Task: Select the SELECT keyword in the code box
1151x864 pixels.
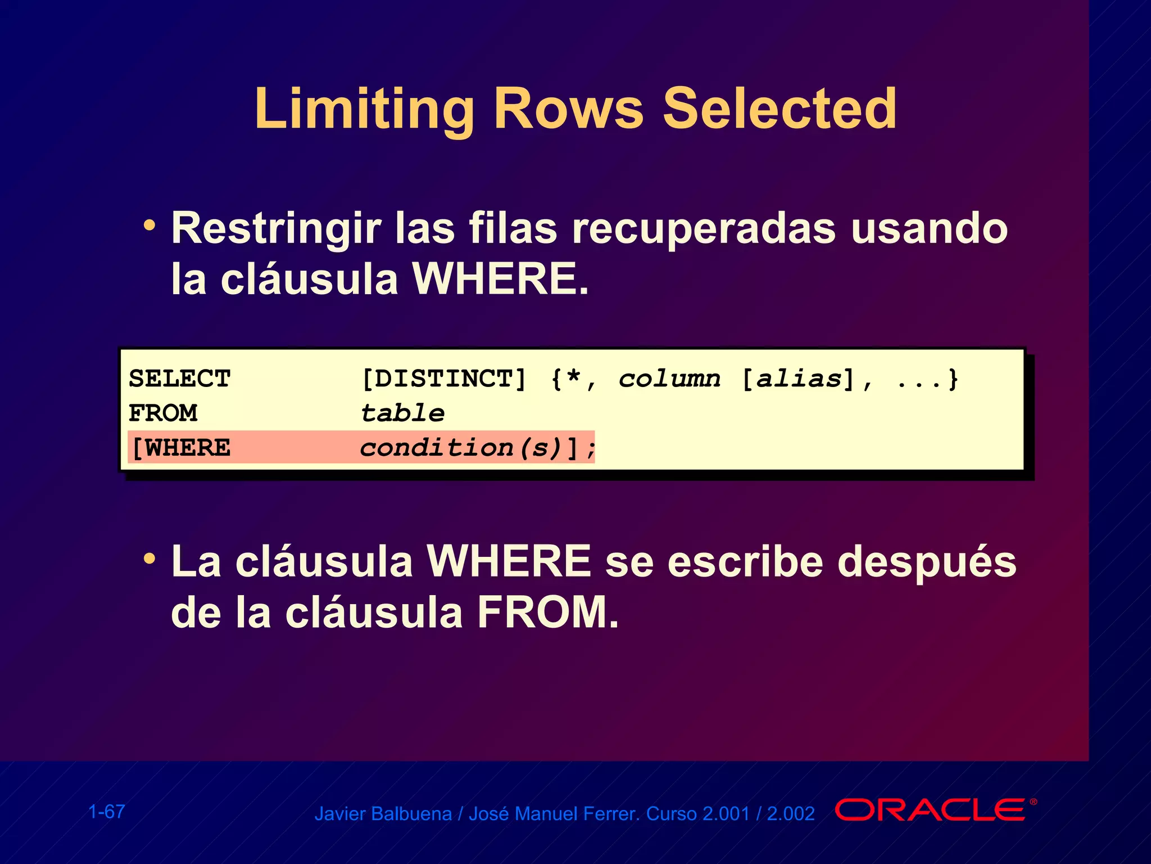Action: click(x=179, y=379)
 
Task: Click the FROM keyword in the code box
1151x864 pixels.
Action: click(x=163, y=413)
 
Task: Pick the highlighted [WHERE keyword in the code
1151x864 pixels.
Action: click(x=180, y=448)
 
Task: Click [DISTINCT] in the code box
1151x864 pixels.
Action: click(x=443, y=379)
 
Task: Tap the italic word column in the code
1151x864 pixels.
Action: click(x=669, y=379)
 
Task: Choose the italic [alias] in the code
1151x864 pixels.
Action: click(x=798, y=379)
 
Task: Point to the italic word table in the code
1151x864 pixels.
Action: click(x=402, y=413)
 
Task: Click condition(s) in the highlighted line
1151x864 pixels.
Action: click(x=461, y=448)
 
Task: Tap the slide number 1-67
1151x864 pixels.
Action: click(x=107, y=812)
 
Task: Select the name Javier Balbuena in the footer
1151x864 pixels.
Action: click(x=383, y=814)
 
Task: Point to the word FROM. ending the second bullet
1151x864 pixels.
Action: click(x=548, y=613)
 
